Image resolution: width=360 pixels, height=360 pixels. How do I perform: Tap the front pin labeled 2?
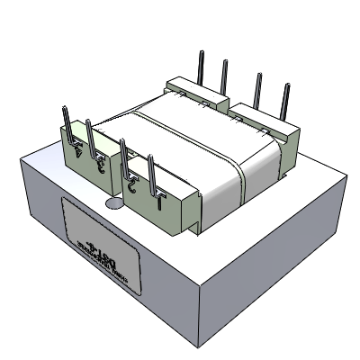(125, 156)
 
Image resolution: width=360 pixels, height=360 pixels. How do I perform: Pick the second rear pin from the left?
(224, 76)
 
